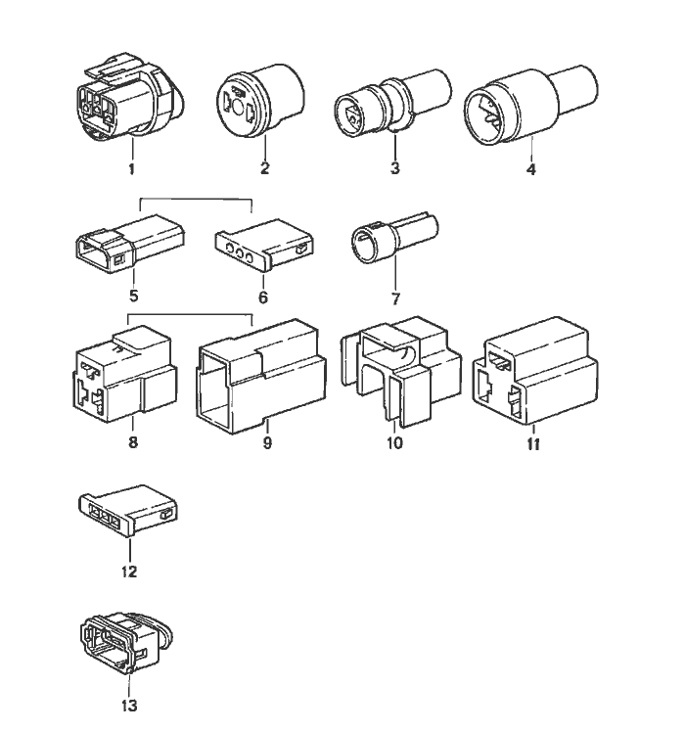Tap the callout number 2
(264, 168)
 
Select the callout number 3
(394, 168)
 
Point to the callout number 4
(530, 168)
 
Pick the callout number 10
(396, 441)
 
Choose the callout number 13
(129, 705)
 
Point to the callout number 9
(266, 442)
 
